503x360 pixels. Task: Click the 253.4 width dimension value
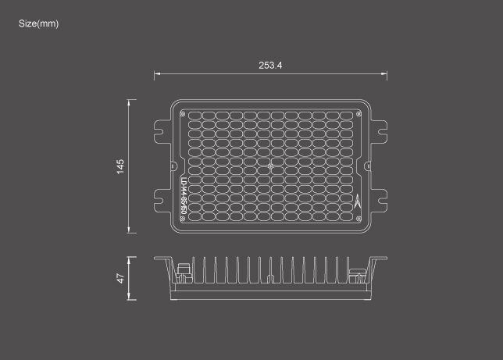pos(270,65)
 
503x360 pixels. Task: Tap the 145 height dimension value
pos(120,166)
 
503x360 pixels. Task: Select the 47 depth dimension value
pos(120,278)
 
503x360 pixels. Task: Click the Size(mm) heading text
pos(39,23)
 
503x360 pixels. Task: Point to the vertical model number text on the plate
pos(184,198)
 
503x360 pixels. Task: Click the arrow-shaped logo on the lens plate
pos(359,201)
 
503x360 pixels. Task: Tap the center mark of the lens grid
pos(270,166)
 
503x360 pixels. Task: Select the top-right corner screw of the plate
pos(359,112)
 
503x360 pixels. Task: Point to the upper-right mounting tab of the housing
pos(380,129)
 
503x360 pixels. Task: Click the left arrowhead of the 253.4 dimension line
pos(156,75)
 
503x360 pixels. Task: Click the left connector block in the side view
pos(184,273)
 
